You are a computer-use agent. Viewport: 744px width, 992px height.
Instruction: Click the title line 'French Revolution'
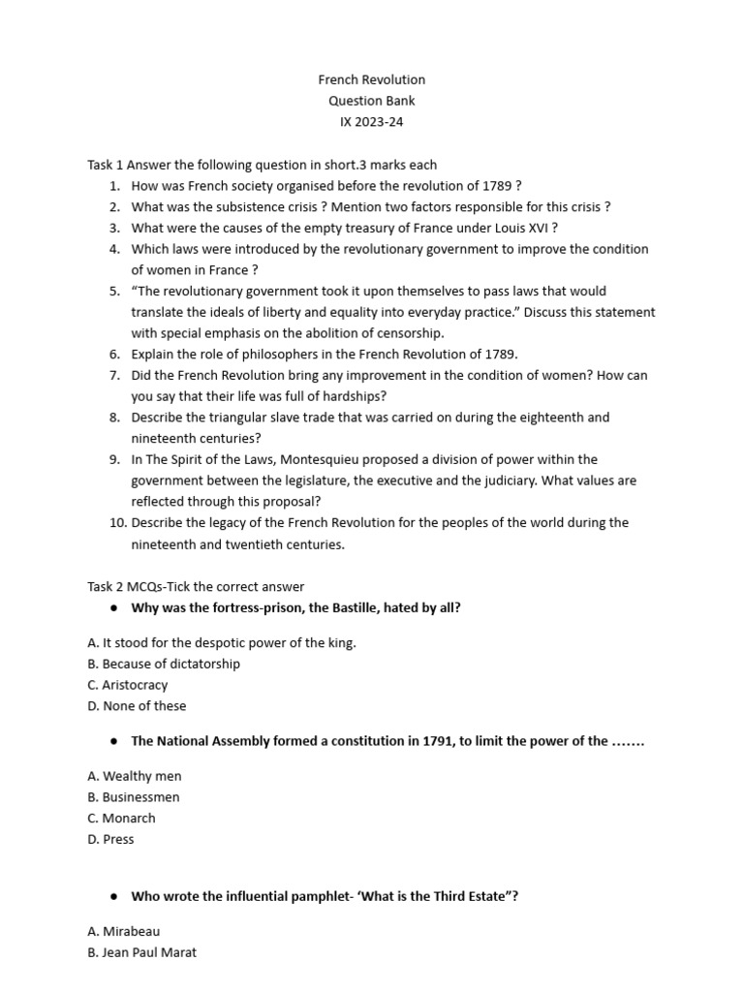click(372, 79)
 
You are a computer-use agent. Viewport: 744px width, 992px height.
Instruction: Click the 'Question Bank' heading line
click(372, 101)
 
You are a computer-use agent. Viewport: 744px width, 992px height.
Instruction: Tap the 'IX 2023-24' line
click(372, 122)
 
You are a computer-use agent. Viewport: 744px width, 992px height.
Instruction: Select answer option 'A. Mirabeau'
click(123, 931)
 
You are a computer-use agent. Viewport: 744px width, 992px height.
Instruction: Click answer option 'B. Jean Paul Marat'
click(141, 952)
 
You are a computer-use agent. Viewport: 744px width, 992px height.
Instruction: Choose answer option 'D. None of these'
click(137, 706)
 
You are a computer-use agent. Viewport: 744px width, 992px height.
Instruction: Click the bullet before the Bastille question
click(114, 607)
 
